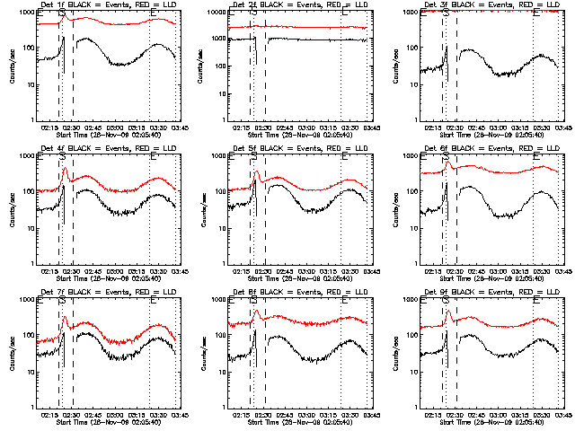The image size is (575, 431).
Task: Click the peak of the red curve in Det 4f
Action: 64,169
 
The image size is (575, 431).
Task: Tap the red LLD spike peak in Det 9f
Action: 447,312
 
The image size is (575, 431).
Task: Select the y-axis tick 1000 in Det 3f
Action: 411,13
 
